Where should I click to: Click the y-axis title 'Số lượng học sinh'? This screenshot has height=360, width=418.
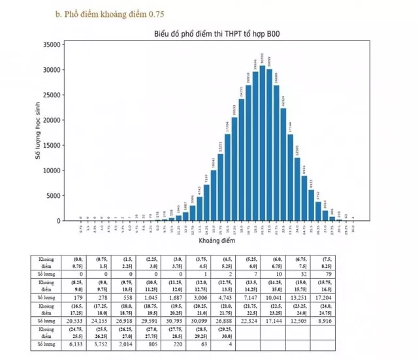point(37,133)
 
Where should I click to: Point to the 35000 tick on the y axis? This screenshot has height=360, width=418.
point(52,44)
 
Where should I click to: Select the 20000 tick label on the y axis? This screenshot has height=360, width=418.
point(52,120)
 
